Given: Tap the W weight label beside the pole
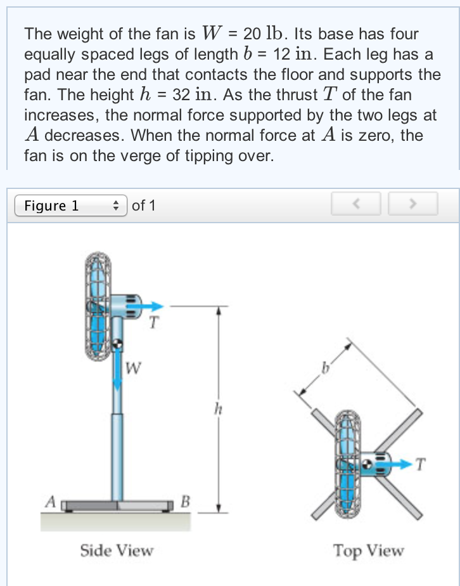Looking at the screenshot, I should (134, 367).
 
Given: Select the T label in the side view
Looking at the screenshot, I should (152, 323).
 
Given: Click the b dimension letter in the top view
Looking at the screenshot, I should (326, 368).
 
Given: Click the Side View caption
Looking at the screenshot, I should (117, 550).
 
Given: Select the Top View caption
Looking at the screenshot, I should (369, 550).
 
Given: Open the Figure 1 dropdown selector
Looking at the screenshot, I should (70, 205).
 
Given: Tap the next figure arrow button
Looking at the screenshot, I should (412, 205).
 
